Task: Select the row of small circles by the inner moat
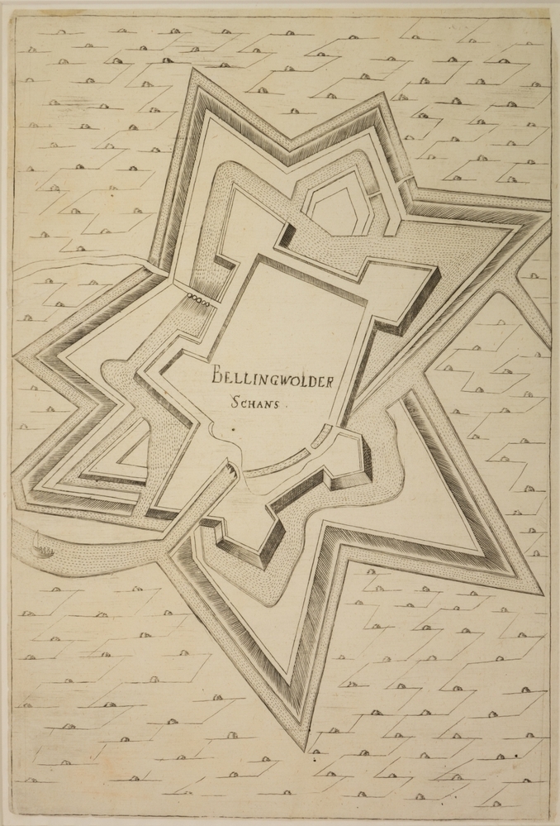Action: (199, 298)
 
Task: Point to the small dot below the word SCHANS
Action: (235, 430)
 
